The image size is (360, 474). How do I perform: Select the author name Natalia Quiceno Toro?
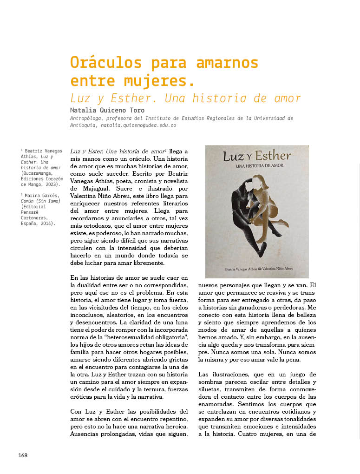[107, 111]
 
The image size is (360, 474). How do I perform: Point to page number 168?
[23, 455]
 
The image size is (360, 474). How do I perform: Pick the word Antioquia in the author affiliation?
[82, 125]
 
